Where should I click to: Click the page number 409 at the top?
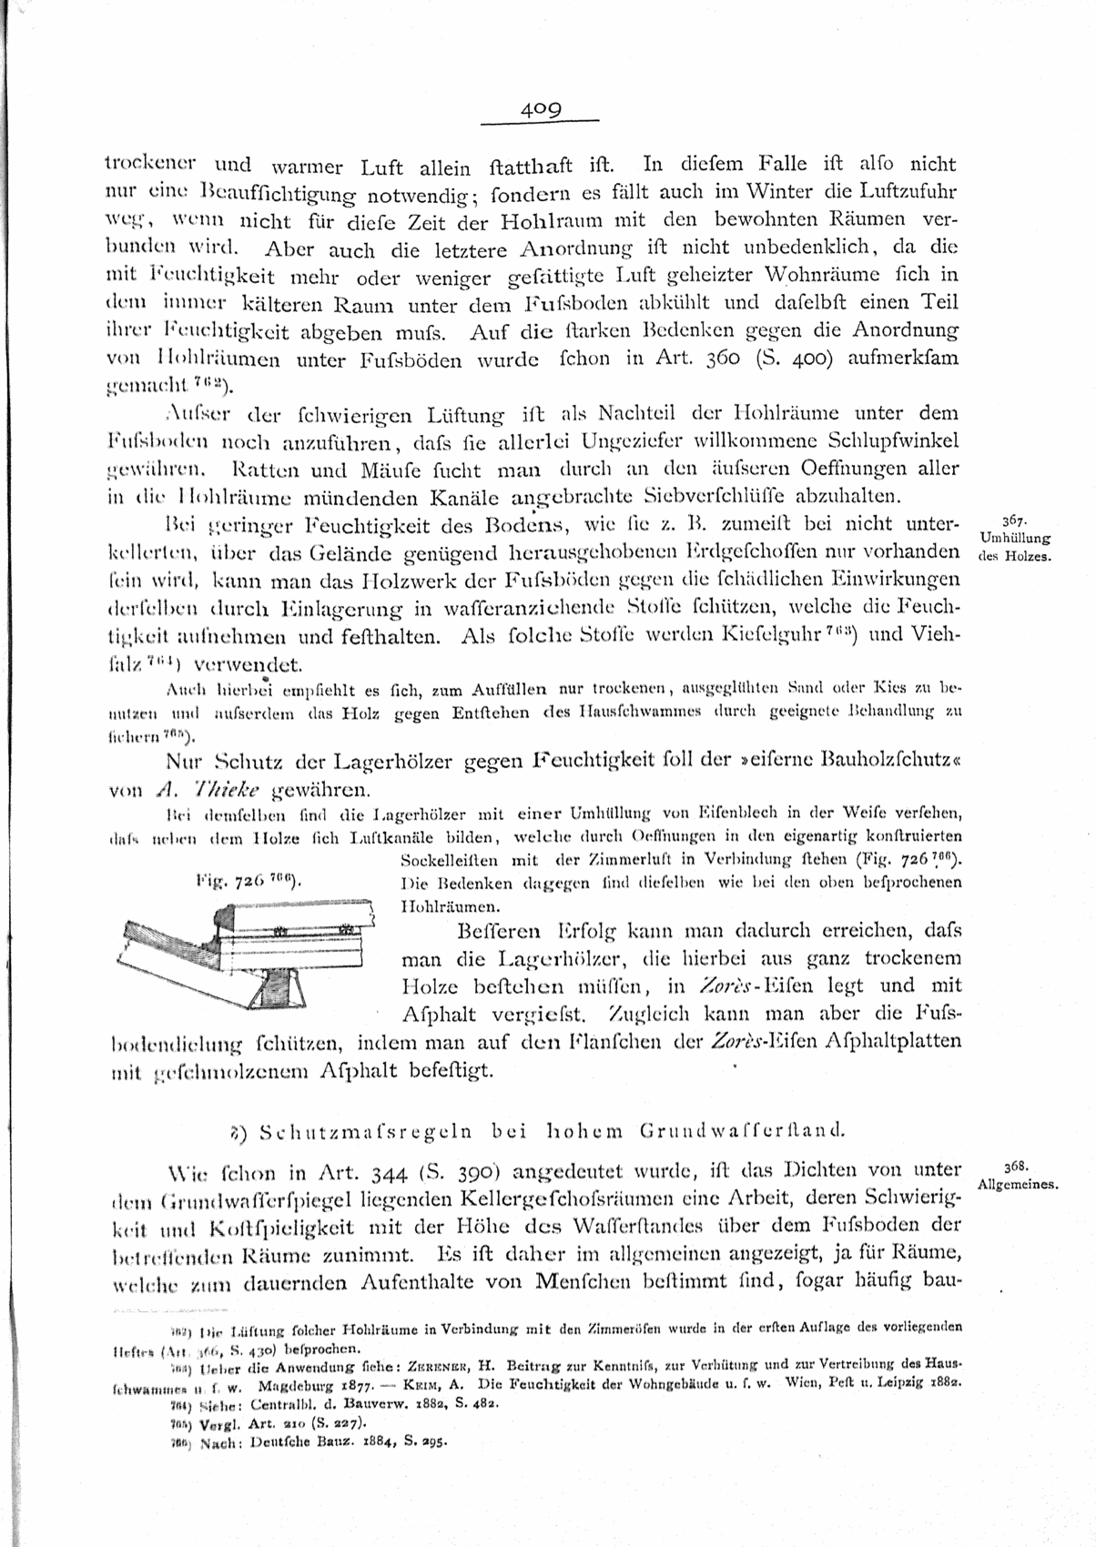point(541,109)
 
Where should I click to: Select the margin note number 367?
point(1013,522)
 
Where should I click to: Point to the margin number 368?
point(1014,1166)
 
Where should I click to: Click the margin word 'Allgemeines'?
point(1018,1184)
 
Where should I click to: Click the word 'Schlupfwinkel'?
point(880,441)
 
